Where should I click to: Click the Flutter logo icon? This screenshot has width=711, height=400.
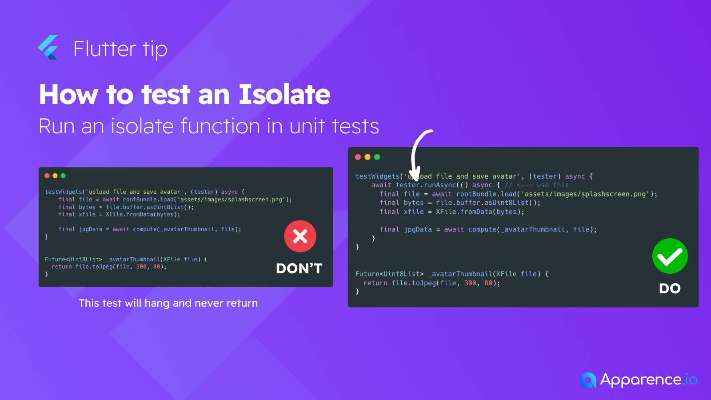coord(48,47)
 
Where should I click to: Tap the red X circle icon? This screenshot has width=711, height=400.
coord(300,236)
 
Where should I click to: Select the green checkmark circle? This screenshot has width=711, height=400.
coord(670,256)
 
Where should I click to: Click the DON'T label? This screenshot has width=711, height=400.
coord(299,268)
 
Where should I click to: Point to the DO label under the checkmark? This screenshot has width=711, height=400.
coord(670,288)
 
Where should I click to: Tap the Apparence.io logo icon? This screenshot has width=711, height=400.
coord(588,380)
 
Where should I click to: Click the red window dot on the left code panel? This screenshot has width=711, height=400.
coord(47,176)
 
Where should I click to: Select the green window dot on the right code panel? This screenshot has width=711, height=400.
coord(377,157)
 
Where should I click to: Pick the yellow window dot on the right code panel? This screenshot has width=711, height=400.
coord(367,157)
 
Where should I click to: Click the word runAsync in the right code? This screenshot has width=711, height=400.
coord(440,185)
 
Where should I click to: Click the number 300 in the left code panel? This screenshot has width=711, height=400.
coord(141,266)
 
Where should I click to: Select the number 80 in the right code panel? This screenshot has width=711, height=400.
coord(488,283)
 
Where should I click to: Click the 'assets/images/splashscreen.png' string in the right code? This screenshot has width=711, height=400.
coord(585,194)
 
